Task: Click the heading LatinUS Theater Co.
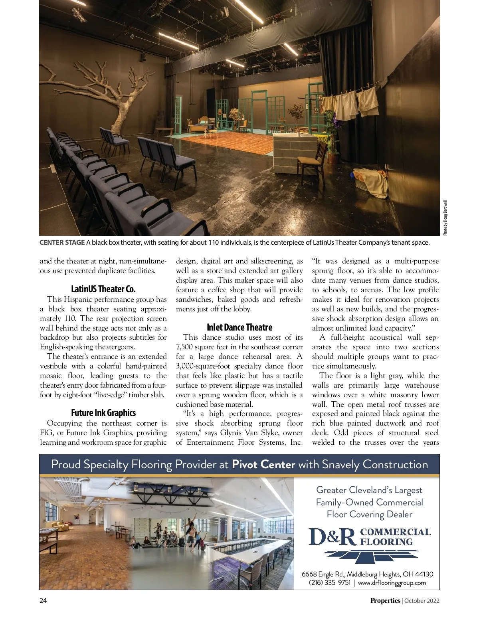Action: tap(103, 289)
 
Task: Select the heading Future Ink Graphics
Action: tap(103, 413)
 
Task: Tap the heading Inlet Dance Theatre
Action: tap(239, 327)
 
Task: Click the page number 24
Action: tap(43, 600)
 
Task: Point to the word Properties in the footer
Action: tap(385, 600)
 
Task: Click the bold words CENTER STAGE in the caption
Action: tap(62, 242)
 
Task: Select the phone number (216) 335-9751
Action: tap(330, 582)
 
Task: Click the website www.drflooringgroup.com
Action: tap(392, 582)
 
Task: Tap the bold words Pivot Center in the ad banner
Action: tap(263, 464)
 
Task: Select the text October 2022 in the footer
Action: tap(422, 600)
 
